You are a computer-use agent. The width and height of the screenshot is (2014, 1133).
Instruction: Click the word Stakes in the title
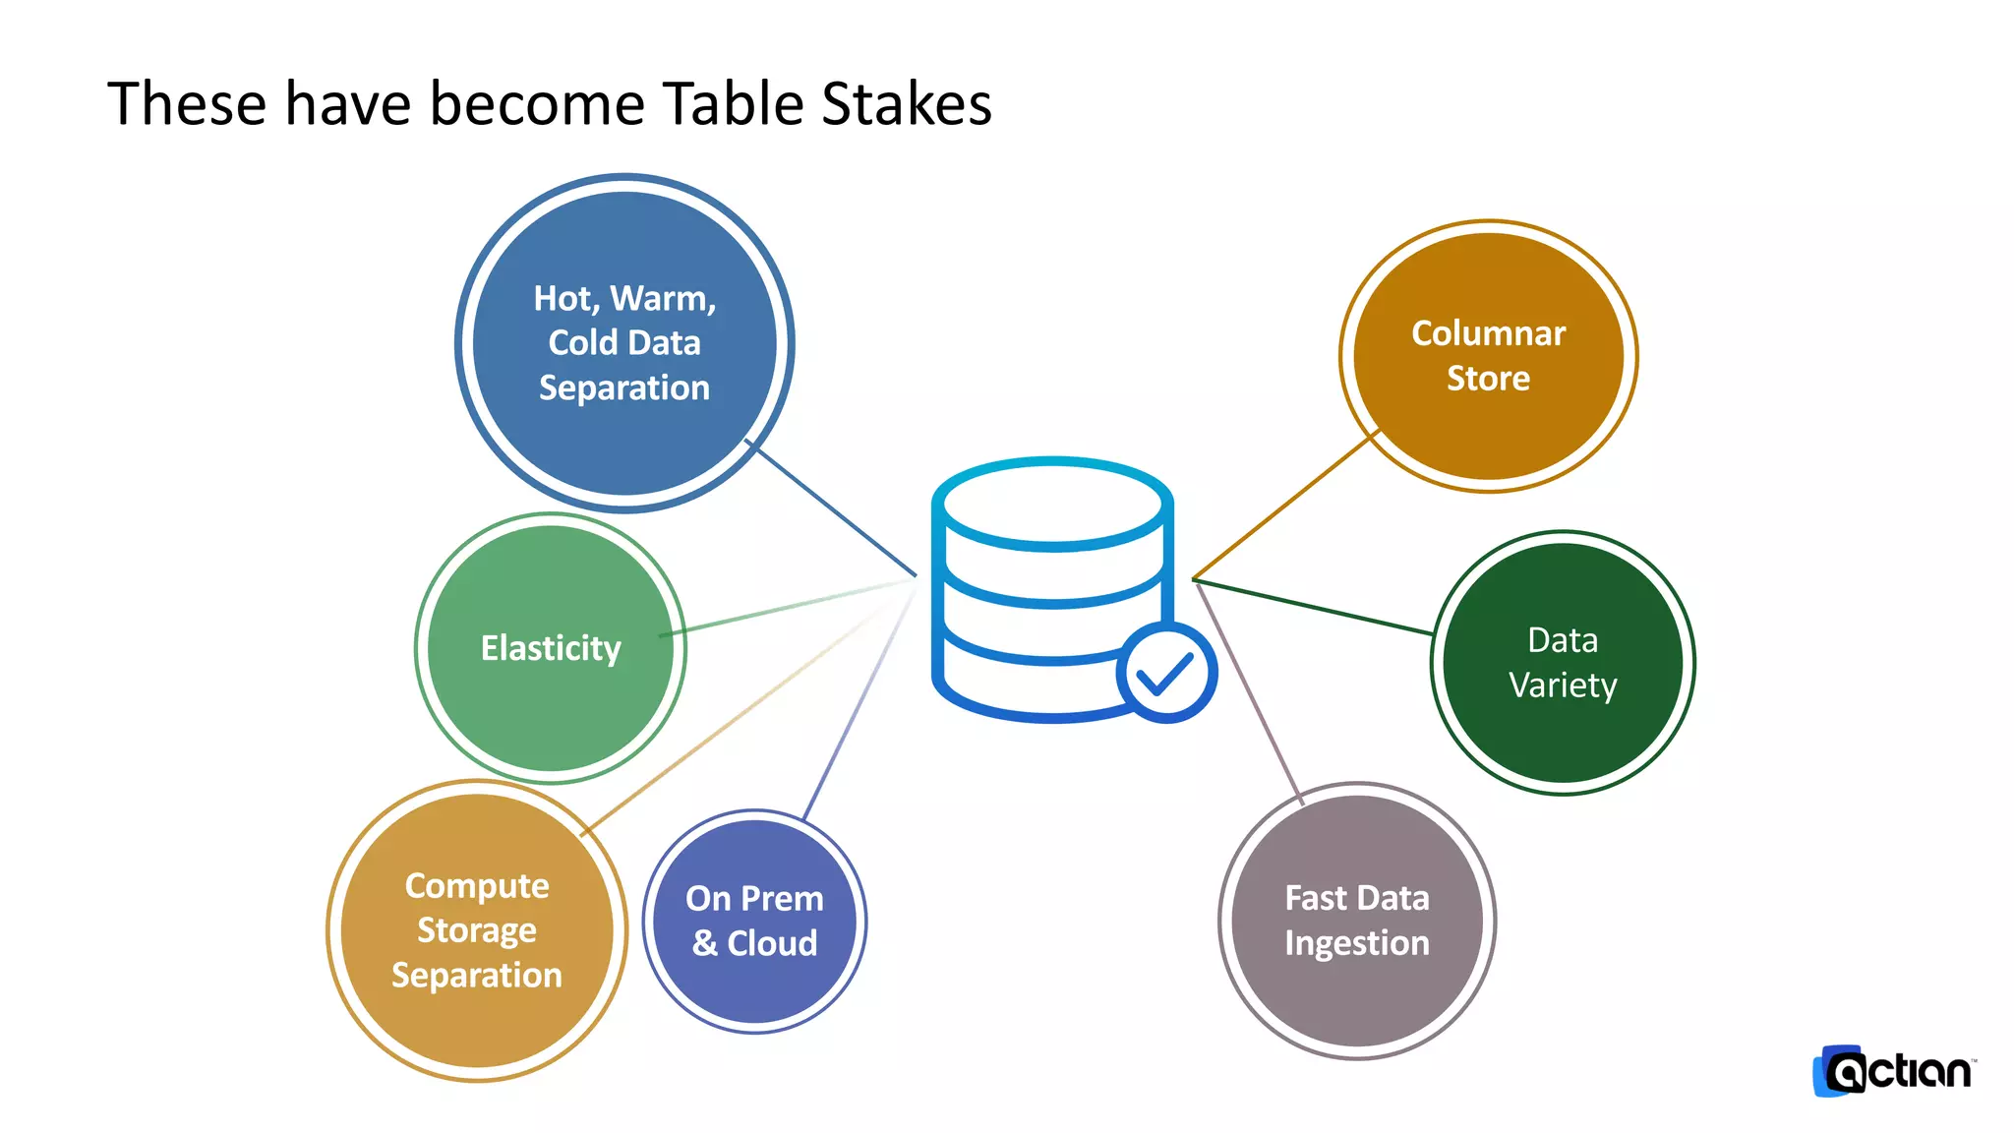coord(906,103)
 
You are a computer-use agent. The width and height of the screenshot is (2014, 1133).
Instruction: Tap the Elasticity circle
coord(551,648)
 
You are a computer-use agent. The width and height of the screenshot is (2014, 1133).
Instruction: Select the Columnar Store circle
coord(1488,355)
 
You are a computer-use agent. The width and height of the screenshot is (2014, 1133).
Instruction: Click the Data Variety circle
coord(1563,662)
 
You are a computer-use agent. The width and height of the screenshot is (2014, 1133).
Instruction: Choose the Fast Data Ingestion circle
coord(1356,921)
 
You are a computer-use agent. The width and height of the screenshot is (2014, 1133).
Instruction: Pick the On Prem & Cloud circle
coord(754,921)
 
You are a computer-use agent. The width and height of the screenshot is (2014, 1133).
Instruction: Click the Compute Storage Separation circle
coord(477,930)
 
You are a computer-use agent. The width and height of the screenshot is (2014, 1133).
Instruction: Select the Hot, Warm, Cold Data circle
coord(624,342)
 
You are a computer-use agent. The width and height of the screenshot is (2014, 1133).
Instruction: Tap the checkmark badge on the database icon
coord(1166,673)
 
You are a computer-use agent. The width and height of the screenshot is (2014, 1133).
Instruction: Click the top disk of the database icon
coord(1052,503)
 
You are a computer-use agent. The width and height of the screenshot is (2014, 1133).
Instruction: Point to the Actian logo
coord(1894,1071)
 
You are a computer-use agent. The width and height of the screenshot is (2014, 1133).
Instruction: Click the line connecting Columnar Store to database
coord(1283,507)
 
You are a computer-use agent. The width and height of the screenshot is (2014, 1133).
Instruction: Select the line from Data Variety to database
coord(1313,607)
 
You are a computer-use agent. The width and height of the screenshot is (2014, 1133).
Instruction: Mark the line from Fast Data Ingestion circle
coord(1249,688)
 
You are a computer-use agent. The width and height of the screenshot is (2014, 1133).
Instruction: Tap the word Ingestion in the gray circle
coord(1356,943)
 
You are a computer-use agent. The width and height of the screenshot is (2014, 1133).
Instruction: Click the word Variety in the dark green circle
coord(1563,685)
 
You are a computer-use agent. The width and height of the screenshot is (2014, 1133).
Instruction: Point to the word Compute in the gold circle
coord(477,885)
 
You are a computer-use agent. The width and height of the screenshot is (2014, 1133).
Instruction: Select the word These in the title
coord(187,103)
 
